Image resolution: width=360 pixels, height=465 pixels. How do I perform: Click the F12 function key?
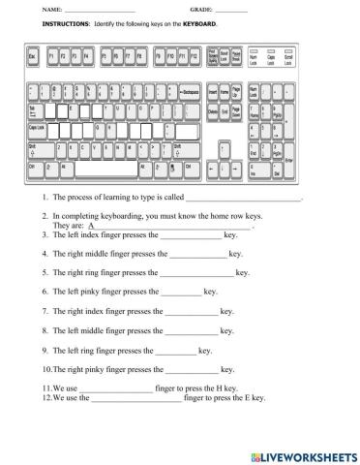pyautogui.click(x=194, y=57)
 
